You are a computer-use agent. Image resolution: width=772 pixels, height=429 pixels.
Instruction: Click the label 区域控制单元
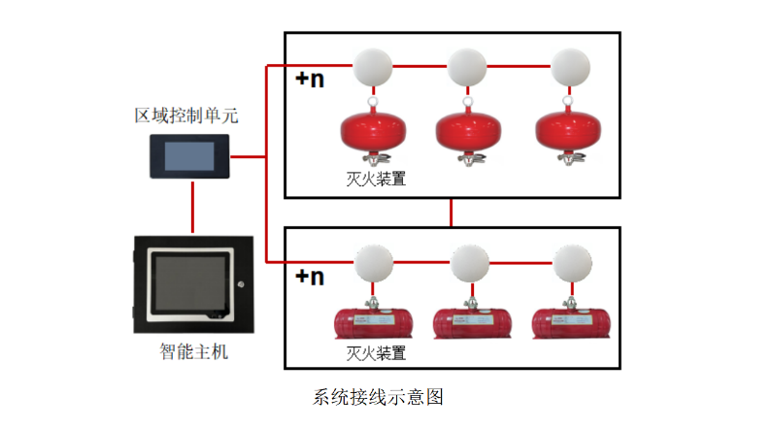pos(185,116)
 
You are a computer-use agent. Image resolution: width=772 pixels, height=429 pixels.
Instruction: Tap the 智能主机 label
pos(193,351)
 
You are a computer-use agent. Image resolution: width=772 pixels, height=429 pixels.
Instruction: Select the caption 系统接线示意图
pos(379,397)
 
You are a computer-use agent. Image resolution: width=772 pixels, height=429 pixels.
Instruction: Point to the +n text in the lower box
pos(310,277)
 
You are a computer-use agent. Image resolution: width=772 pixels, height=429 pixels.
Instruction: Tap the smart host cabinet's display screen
pos(190,283)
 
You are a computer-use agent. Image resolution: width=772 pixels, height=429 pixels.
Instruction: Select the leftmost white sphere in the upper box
pos(372,67)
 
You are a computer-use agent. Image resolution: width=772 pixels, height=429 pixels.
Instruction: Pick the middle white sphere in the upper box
pos(467,67)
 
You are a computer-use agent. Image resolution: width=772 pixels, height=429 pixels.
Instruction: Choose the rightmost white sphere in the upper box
pos(569,67)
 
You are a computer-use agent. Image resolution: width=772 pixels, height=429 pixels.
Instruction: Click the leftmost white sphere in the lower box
pos(372,262)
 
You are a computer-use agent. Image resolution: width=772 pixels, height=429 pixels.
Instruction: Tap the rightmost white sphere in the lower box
pos(569,262)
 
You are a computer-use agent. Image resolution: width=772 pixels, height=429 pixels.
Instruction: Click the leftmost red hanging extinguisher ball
pos(371,132)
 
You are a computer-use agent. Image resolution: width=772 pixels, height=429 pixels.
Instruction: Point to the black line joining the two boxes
pos(452,212)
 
